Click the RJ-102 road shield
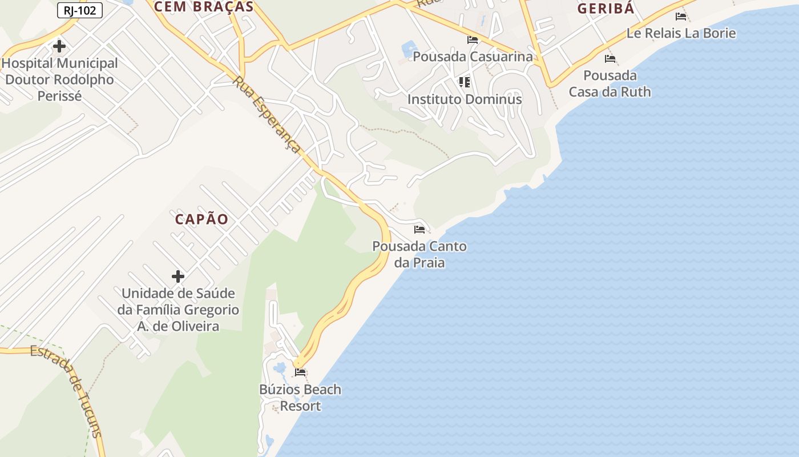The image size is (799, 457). (x=80, y=10)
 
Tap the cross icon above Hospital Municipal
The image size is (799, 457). (x=59, y=46)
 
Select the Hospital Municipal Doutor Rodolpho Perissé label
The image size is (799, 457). (x=60, y=79)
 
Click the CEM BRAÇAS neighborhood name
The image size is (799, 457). (x=204, y=7)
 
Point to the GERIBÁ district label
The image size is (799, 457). (x=606, y=9)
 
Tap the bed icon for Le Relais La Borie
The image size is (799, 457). (x=681, y=17)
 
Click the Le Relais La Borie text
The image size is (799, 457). (x=681, y=33)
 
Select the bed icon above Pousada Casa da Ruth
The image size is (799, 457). (x=610, y=59)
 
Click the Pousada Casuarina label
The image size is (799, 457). (x=473, y=57)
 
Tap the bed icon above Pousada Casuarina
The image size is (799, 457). (x=473, y=40)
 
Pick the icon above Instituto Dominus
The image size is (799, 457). (x=465, y=82)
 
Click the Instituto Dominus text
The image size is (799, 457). (x=465, y=99)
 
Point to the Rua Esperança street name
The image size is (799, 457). (x=267, y=115)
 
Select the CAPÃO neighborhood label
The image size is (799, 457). (x=201, y=219)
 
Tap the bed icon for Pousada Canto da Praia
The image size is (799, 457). (x=419, y=230)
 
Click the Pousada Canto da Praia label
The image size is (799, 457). (x=419, y=255)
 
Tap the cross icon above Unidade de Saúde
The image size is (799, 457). (x=178, y=276)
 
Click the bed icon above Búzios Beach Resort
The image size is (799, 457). (x=300, y=373)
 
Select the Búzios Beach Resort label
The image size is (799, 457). (x=300, y=398)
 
